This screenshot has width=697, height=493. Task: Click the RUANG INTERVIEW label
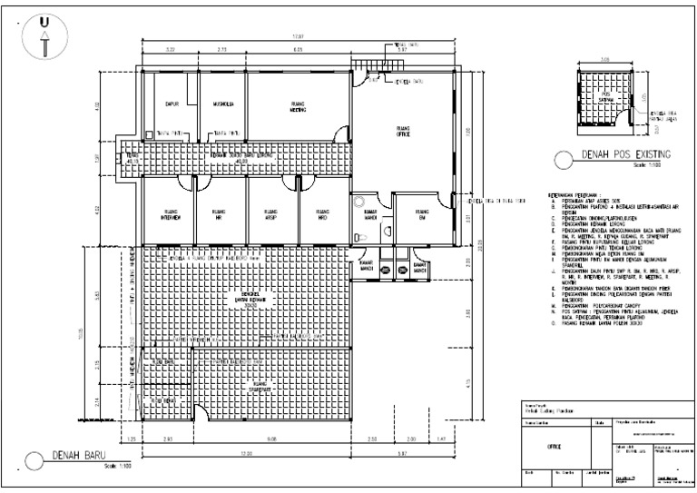[x=172, y=217]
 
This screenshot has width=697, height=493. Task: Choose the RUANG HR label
[x=219, y=217]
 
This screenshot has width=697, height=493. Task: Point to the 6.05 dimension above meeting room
[x=298, y=49]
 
